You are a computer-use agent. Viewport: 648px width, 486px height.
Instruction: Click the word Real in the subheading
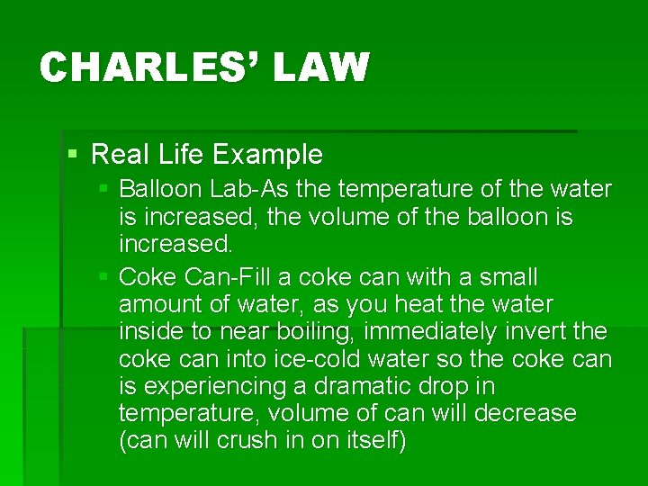pyautogui.click(x=120, y=155)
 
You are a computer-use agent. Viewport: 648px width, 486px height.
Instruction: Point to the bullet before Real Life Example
pyautogui.click(x=73, y=155)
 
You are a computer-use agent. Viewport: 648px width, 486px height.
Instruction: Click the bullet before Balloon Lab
pyautogui.click(x=104, y=189)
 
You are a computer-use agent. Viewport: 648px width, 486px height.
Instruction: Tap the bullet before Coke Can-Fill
pyautogui.click(x=104, y=275)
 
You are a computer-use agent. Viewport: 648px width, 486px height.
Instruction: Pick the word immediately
pyautogui.click(x=421, y=332)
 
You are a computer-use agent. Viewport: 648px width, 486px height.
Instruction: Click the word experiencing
pyautogui.click(x=217, y=386)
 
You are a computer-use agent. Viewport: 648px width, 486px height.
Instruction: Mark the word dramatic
pyautogui.click(x=376, y=386)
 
